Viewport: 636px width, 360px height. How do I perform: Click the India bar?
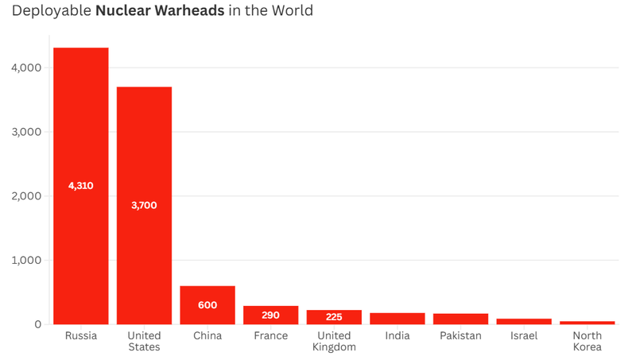pos(397,319)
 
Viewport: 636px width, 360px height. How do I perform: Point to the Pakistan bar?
pos(460,319)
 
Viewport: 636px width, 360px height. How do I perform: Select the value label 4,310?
pos(81,186)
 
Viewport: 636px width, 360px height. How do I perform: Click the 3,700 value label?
pos(144,205)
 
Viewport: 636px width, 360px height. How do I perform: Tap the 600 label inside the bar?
pos(207,305)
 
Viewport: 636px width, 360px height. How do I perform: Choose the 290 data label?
pos(270,315)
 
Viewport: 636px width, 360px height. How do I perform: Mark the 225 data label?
pos(334,317)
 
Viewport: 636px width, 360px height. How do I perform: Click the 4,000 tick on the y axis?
pos(26,68)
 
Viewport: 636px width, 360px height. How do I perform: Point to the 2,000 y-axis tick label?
pos(26,196)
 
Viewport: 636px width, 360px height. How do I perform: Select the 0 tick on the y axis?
pos(37,324)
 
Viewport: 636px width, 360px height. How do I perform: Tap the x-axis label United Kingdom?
pos(334,341)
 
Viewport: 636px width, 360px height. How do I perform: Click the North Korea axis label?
pos(587,341)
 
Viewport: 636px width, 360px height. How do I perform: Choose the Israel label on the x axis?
pos(524,335)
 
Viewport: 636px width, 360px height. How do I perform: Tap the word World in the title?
pos(292,11)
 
